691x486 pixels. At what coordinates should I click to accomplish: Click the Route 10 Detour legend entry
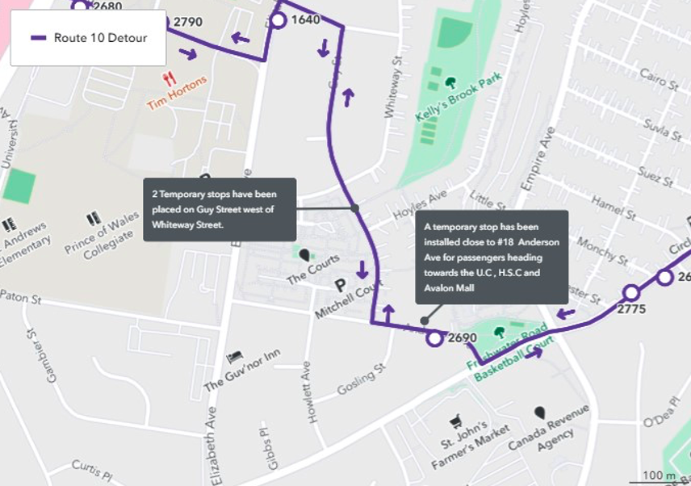[88, 38]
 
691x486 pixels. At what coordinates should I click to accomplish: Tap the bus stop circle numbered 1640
[278, 20]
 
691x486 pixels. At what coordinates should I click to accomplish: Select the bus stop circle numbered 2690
[435, 338]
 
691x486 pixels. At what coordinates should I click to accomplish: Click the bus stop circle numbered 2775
[630, 293]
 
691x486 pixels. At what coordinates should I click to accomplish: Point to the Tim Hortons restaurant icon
[169, 79]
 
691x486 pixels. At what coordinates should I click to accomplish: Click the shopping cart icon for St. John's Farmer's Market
[455, 421]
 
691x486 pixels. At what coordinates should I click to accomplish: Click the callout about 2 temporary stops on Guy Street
[220, 209]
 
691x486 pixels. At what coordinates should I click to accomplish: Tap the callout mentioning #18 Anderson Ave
[492, 257]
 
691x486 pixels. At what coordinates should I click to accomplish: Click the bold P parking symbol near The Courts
[340, 284]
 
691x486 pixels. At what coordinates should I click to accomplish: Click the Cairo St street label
[651, 81]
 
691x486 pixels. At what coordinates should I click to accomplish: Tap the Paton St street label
[21, 298]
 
